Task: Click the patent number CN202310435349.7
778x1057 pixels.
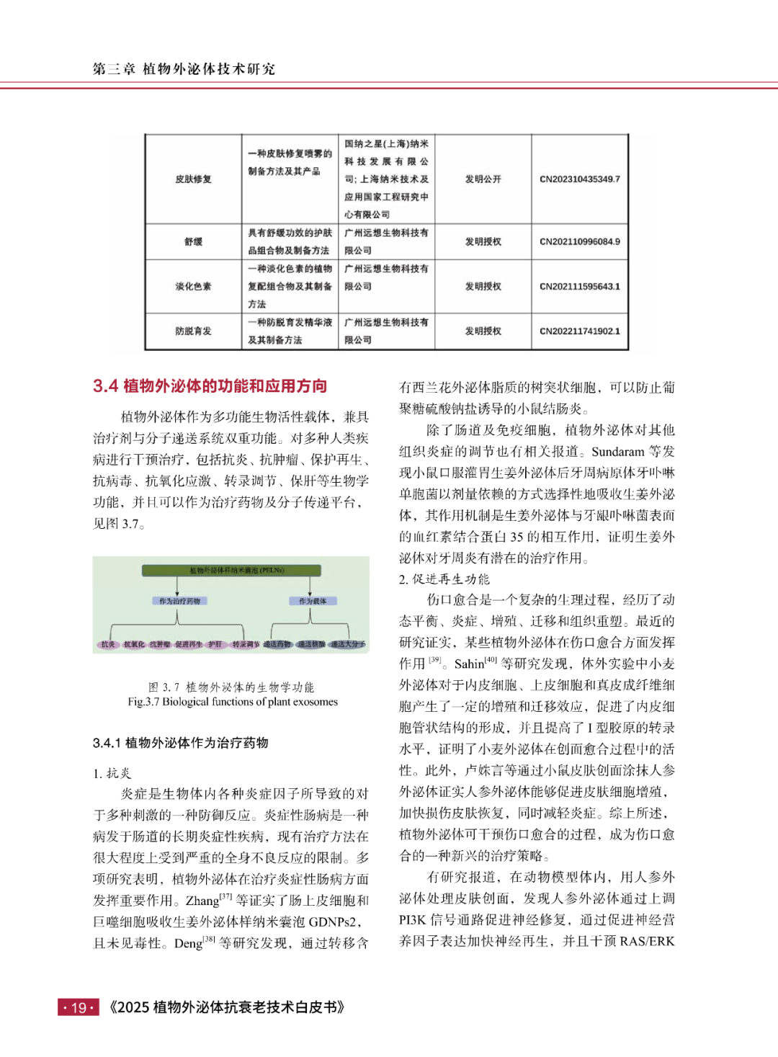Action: (x=579, y=179)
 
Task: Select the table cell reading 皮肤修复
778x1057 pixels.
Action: (x=193, y=179)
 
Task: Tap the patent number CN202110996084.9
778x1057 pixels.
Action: (x=579, y=242)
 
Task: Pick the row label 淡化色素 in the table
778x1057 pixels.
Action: (x=193, y=287)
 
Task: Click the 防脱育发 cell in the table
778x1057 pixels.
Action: (x=193, y=331)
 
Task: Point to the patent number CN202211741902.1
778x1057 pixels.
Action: (x=579, y=331)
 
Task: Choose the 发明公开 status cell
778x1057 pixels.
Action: (x=483, y=179)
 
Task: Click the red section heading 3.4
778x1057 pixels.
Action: (x=210, y=386)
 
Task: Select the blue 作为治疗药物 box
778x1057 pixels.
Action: (x=179, y=601)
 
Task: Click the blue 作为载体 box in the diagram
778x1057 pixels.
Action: (x=313, y=601)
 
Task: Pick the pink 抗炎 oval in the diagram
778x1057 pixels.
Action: (x=108, y=644)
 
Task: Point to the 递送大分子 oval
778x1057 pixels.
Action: (x=348, y=644)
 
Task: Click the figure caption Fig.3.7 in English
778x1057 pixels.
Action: (x=233, y=702)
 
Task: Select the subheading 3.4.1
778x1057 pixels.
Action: (x=180, y=743)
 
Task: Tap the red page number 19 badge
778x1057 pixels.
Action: (x=79, y=1007)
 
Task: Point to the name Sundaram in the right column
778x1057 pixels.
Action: (x=617, y=452)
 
